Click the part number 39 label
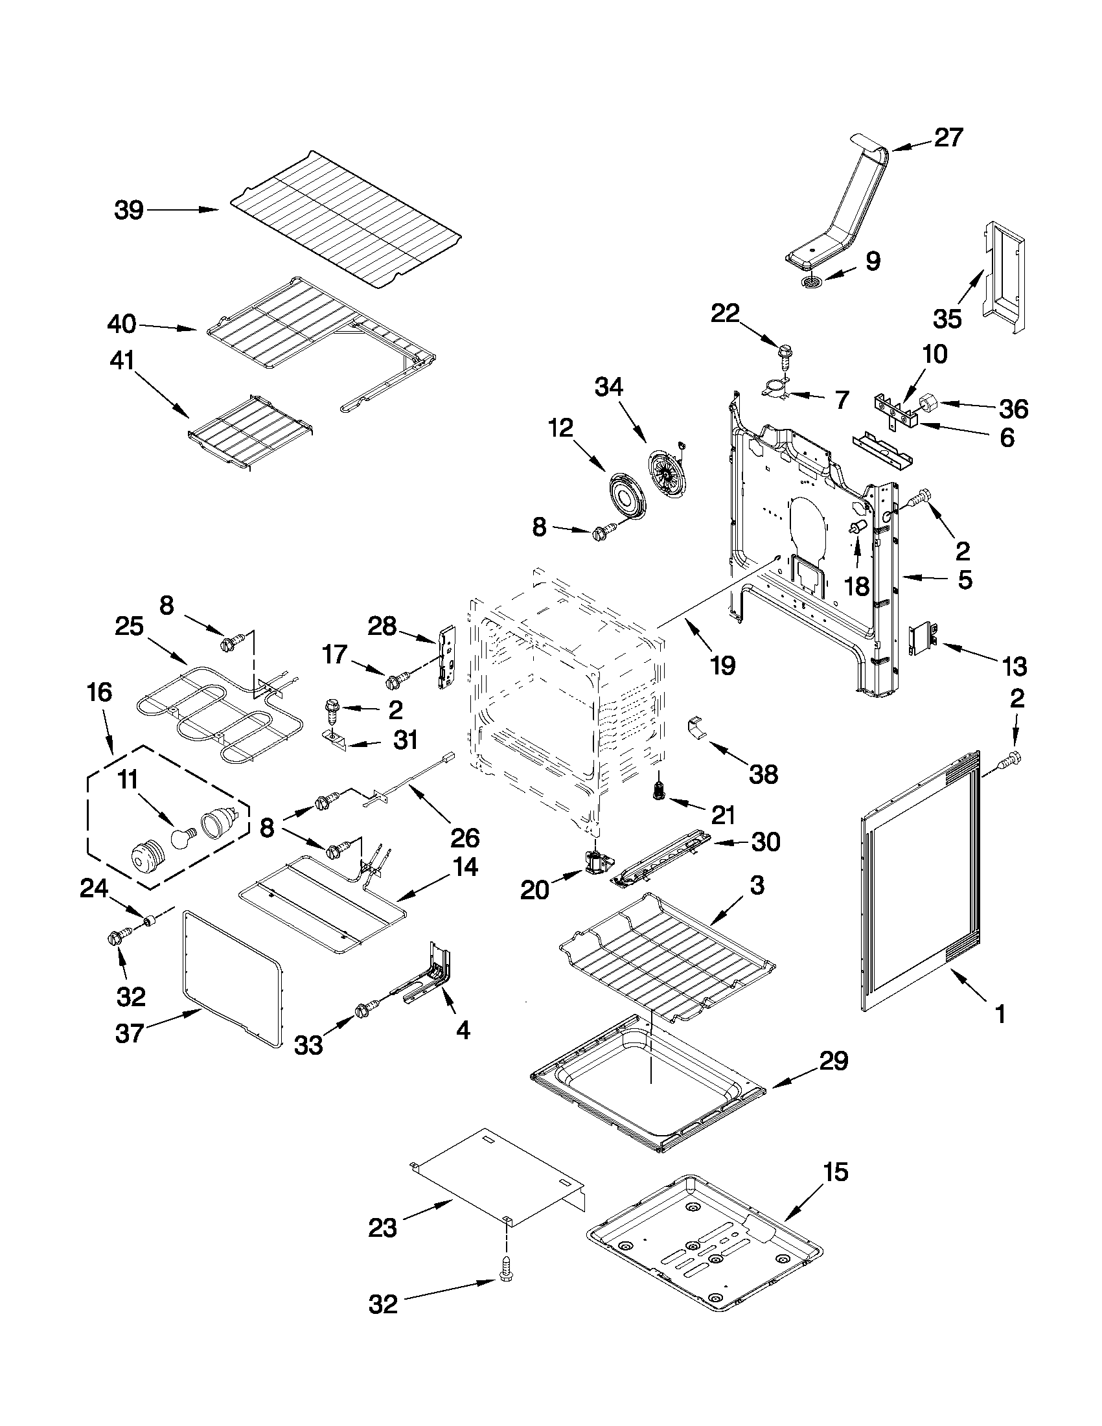(129, 211)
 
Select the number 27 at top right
(948, 138)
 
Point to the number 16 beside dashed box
(99, 692)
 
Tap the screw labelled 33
(363, 1010)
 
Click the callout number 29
(833, 1061)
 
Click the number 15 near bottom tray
(836, 1172)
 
